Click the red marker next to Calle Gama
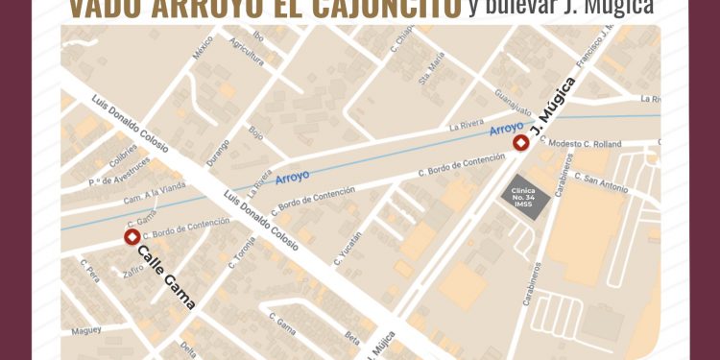[131, 236]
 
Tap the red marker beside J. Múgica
[520, 144]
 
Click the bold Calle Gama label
[166, 277]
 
